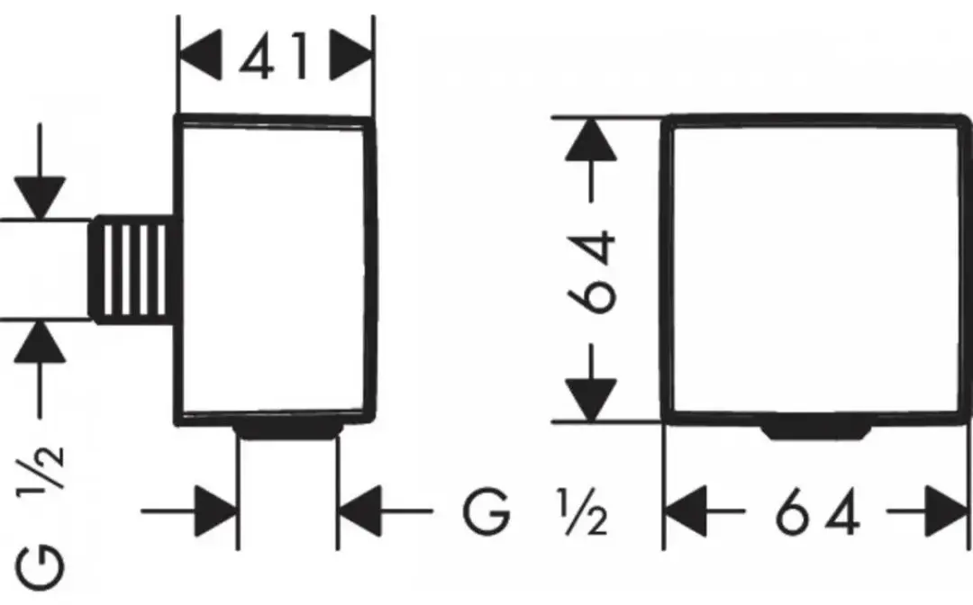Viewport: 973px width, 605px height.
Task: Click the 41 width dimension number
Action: (x=274, y=57)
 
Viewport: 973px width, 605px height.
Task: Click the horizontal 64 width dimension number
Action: (x=817, y=511)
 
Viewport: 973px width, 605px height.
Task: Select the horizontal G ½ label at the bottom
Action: (x=534, y=511)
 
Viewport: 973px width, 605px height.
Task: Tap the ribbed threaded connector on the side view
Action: (x=132, y=269)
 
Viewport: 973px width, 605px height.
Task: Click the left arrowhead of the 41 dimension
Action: (x=200, y=55)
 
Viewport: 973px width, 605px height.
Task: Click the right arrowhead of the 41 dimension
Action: (x=352, y=55)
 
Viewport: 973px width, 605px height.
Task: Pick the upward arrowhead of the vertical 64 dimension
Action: (x=591, y=139)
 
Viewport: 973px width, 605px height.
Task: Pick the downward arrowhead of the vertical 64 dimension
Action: (x=591, y=400)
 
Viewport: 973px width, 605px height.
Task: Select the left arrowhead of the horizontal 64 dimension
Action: (x=687, y=511)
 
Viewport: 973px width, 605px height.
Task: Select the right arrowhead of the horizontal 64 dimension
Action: (x=947, y=511)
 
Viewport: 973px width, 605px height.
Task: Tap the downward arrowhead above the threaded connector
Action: (x=40, y=198)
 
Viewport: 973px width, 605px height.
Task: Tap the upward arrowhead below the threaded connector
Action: (x=40, y=341)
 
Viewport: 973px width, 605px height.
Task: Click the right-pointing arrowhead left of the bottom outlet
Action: (x=216, y=511)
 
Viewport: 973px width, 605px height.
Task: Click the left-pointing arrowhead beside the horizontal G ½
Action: (x=359, y=511)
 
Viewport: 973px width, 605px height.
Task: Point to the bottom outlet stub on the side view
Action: (x=288, y=432)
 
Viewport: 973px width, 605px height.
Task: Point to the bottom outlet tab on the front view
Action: (x=816, y=432)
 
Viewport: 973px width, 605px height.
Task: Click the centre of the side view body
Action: (x=276, y=270)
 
